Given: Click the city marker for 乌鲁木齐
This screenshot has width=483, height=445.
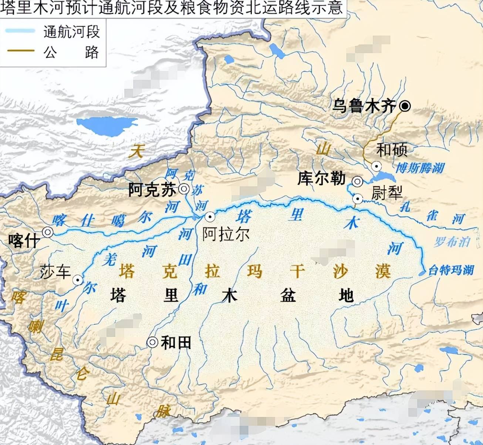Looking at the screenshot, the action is pyautogui.click(x=405, y=106).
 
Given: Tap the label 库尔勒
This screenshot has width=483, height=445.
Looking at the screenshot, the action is pyautogui.click(x=321, y=179).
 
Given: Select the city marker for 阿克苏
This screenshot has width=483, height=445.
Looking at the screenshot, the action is pyautogui.click(x=184, y=189).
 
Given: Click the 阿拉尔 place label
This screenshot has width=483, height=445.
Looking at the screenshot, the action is pyautogui.click(x=226, y=234).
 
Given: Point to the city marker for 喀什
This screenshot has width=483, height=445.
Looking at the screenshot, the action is pyautogui.click(x=48, y=232).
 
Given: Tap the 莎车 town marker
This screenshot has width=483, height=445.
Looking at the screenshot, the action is pyautogui.click(x=78, y=280).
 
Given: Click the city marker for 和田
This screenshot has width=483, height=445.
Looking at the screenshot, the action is pyautogui.click(x=152, y=343).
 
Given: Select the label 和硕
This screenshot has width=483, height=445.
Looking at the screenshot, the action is pyautogui.click(x=392, y=150).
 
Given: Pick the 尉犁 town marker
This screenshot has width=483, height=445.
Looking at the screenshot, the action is pyautogui.click(x=358, y=199).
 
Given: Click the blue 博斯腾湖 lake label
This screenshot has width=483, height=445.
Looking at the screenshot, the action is pyautogui.click(x=420, y=168).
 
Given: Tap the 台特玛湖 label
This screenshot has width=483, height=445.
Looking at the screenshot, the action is pyautogui.click(x=451, y=270).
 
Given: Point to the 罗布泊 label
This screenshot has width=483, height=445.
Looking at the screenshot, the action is pyautogui.click(x=452, y=242).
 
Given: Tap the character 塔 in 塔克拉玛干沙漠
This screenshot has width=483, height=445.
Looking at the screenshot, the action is pyautogui.click(x=126, y=272).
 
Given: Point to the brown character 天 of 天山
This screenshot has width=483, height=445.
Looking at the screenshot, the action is pyautogui.click(x=135, y=152).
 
